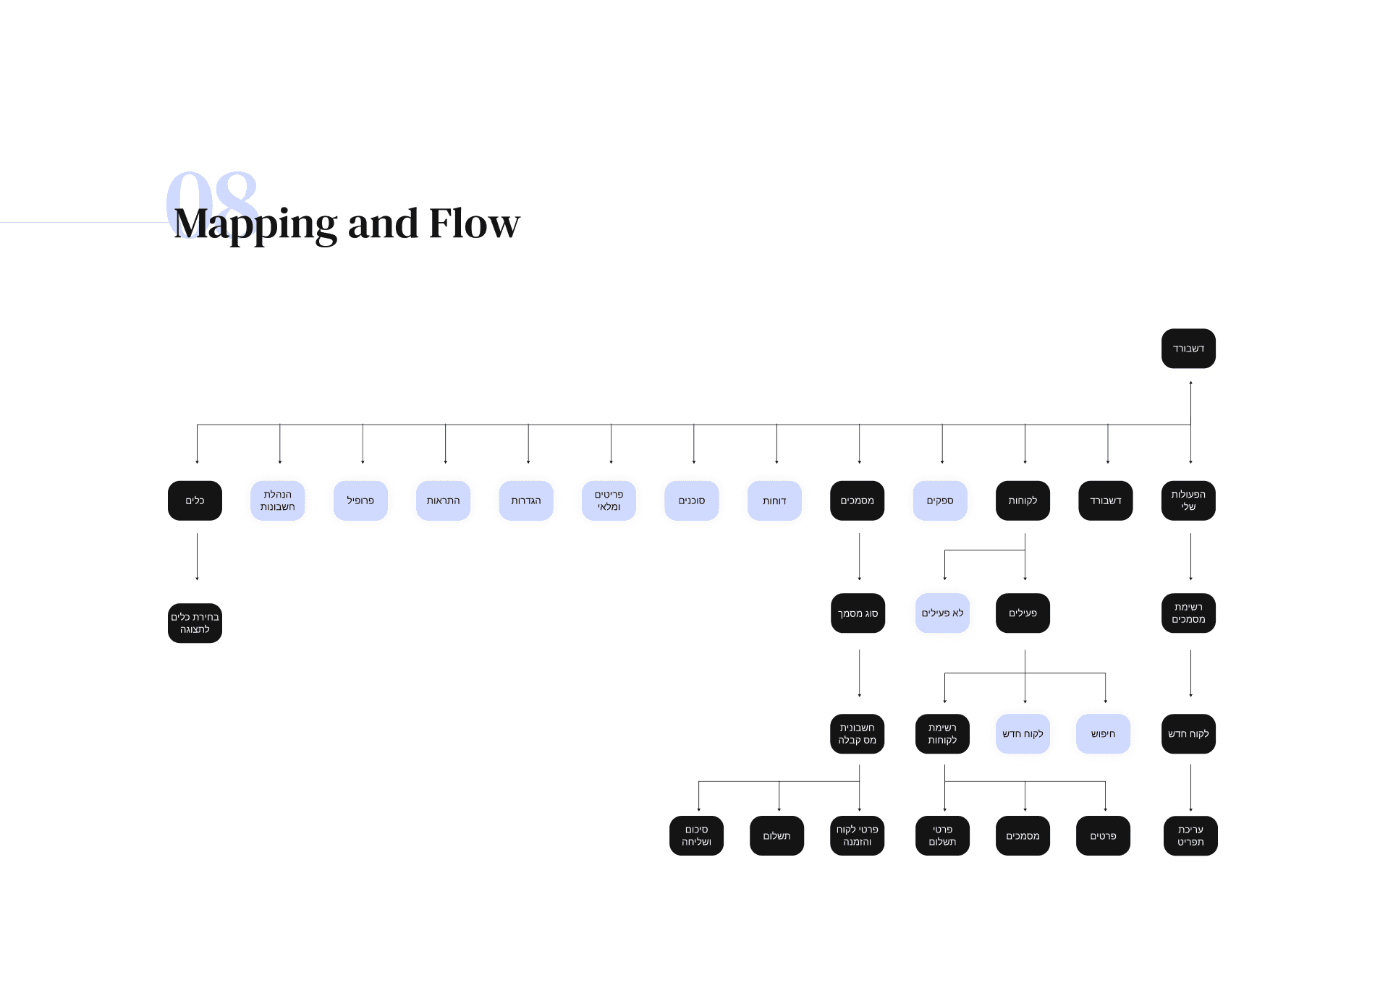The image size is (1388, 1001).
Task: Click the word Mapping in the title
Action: click(255, 224)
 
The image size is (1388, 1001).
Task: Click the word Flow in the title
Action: click(474, 224)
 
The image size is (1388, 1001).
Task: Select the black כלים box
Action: click(195, 500)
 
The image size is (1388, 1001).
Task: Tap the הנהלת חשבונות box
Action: click(277, 500)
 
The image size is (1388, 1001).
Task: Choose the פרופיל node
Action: click(360, 500)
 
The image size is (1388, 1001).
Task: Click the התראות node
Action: click(443, 500)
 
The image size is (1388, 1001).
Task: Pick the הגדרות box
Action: click(526, 500)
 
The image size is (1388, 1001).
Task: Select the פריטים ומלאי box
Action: click(609, 500)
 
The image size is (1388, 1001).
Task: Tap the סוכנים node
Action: click(691, 500)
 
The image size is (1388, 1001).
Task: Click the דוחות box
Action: click(774, 500)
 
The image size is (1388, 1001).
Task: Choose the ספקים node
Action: click(940, 500)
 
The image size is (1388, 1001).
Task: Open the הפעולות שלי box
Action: click(1188, 500)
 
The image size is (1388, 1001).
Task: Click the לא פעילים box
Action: click(942, 613)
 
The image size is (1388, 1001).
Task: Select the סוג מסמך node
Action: click(858, 613)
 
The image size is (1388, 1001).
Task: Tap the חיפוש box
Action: click(1103, 734)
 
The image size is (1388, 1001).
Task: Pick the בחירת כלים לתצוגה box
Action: click(195, 623)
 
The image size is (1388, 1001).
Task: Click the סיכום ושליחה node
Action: click(696, 836)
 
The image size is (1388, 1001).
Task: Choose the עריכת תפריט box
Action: click(1190, 836)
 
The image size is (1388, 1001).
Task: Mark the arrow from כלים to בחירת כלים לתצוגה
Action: click(197, 557)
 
